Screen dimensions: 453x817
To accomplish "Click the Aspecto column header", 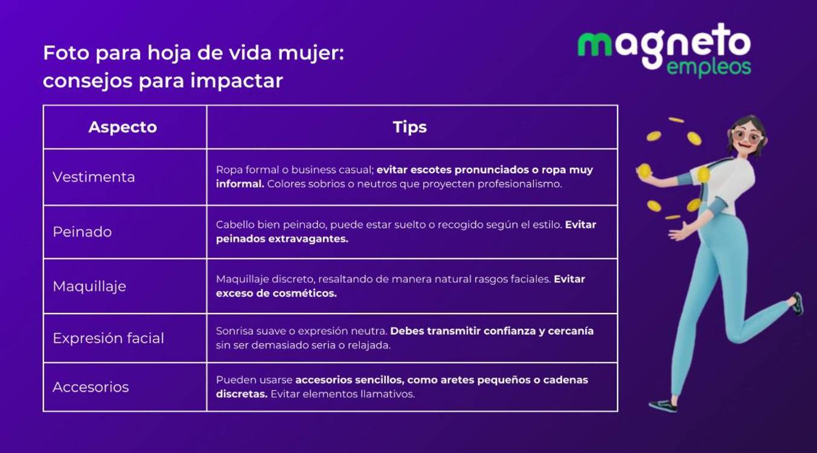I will coord(123,127).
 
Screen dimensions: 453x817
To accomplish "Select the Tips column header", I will coord(409,127).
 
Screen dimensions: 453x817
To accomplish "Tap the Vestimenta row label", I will coord(94,177).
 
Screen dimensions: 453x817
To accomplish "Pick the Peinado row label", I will coord(82,232).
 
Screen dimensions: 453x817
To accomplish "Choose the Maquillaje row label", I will coord(89,286).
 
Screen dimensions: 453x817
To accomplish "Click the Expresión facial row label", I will coord(108,338).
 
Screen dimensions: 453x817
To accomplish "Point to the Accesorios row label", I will coord(91,387).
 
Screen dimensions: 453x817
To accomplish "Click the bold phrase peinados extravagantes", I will coord(282,239).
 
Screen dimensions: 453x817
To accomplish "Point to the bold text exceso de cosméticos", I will coord(276,293).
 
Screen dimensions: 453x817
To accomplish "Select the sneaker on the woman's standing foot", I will coord(663,405).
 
